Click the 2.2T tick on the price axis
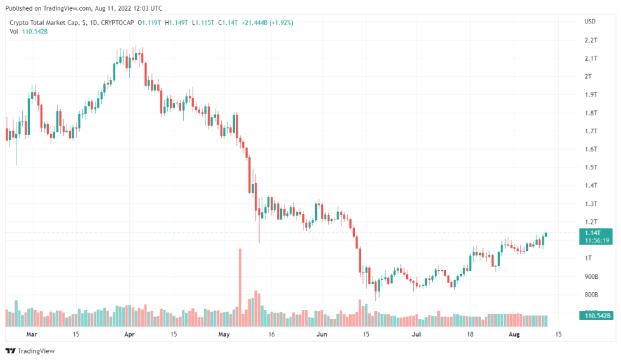click(x=591, y=40)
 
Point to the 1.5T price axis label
click(x=591, y=167)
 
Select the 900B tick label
click(x=591, y=277)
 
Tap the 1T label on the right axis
click(x=588, y=259)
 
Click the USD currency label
click(x=590, y=22)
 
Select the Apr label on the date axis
click(x=129, y=334)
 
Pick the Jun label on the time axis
click(x=322, y=334)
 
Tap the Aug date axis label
click(x=515, y=334)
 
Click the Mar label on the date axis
click(x=32, y=334)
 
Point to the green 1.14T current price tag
click(x=597, y=233)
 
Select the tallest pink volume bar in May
click(x=240, y=279)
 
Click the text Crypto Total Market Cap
click(x=44, y=22)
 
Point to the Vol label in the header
click(x=14, y=32)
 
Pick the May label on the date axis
click(x=223, y=334)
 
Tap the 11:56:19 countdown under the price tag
click(x=597, y=241)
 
